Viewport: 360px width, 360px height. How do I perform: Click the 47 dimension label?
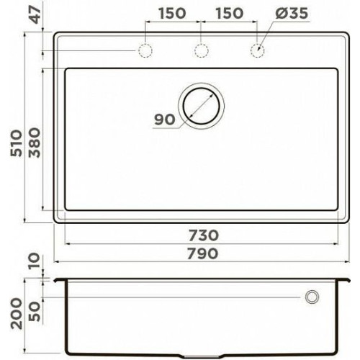(36, 15)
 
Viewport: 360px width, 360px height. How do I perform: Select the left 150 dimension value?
(172, 13)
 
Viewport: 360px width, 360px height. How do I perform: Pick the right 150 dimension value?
(230, 13)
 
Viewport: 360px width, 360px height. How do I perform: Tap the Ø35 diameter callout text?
(292, 13)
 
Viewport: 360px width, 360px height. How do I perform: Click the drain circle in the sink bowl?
(201, 89)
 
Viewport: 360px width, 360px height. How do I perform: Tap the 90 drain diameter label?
(165, 120)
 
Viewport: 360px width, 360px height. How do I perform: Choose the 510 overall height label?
(17, 143)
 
